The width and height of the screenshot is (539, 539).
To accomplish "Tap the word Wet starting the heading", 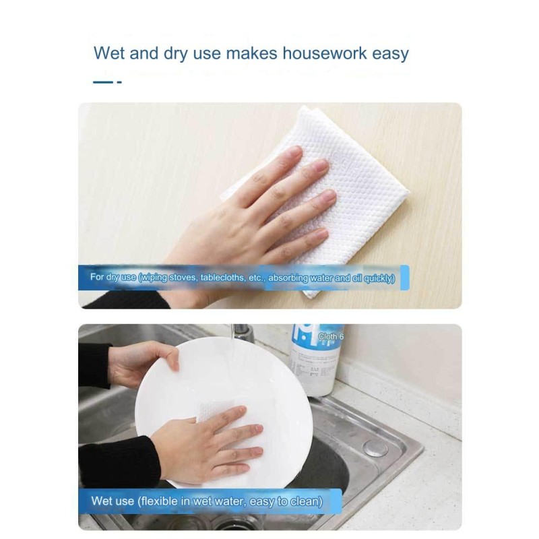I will (x=109, y=53).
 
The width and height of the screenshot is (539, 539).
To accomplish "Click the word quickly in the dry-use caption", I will (x=378, y=277).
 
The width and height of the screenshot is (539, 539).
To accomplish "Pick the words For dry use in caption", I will (x=113, y=277).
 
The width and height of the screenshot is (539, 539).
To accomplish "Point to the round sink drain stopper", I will (x=375, y=447).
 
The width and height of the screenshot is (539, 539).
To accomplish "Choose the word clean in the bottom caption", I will (x=307, y=501).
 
